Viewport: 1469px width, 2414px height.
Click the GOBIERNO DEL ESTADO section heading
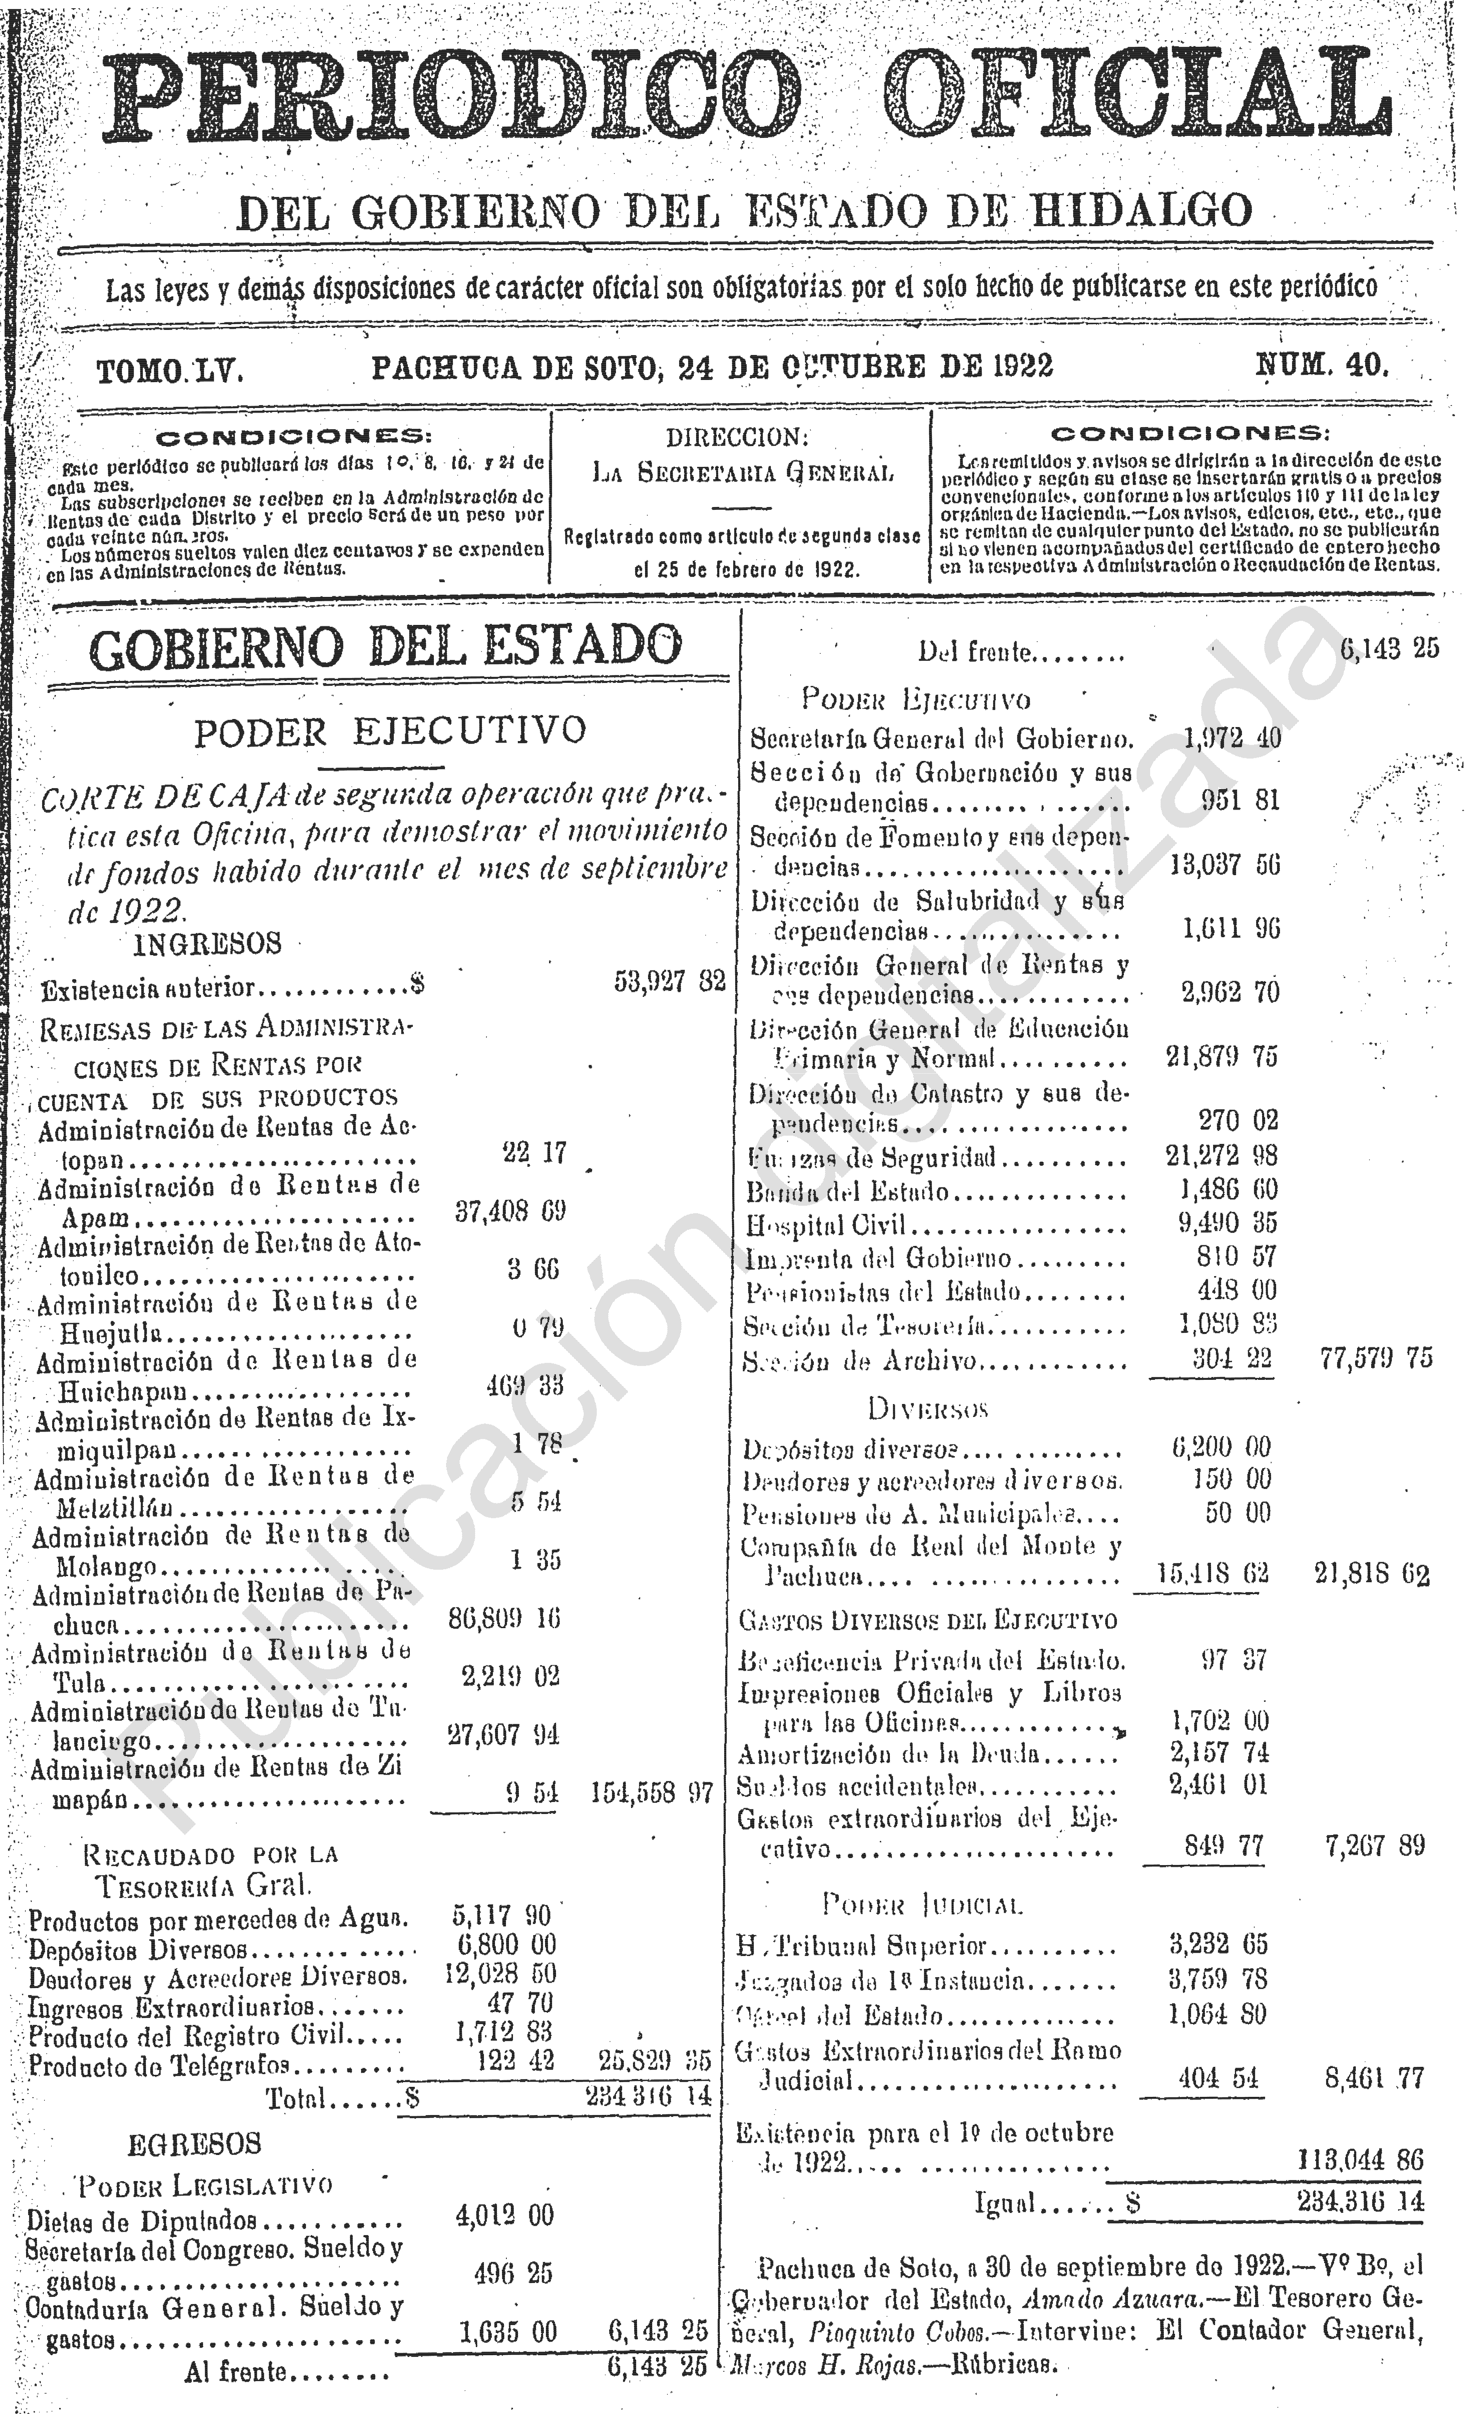click(x=385, y=647)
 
